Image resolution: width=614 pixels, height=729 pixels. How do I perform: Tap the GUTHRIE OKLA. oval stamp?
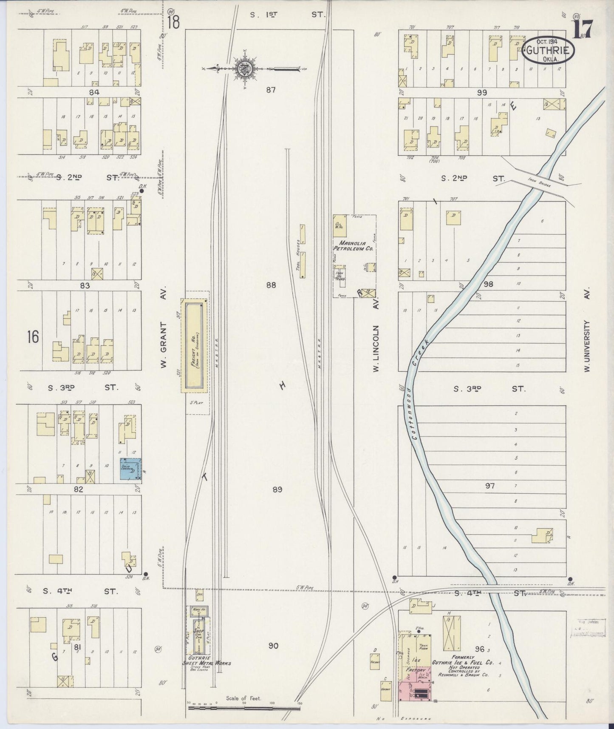[548, 51]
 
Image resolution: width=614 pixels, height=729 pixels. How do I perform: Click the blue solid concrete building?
[130, 470]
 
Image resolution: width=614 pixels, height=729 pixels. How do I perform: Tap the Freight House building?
[195, 345]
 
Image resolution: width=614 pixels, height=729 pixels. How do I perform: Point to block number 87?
[271, 90]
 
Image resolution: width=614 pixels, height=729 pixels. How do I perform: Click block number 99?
[481, 92]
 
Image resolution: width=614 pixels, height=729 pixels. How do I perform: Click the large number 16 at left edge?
[33, 337]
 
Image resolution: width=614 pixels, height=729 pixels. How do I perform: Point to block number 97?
[490, 485]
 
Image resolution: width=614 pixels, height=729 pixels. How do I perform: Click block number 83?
[85, 285]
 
